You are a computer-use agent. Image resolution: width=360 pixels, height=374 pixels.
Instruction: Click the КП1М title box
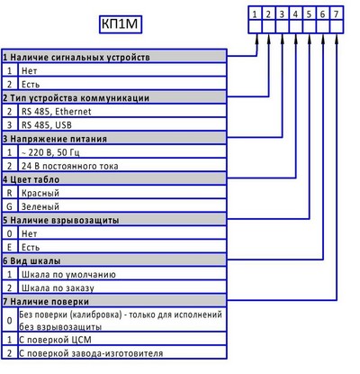121,24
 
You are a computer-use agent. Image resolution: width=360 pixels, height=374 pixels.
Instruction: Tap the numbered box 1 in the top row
255,14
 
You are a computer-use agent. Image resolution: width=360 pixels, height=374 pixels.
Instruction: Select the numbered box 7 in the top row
337,14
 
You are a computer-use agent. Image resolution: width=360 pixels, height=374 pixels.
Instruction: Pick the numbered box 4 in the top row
295,14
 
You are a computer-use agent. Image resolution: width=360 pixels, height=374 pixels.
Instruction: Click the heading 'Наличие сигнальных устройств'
80,57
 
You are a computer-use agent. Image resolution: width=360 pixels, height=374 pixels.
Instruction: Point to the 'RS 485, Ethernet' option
56,112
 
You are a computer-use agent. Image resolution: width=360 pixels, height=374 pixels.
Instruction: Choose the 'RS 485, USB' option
47,125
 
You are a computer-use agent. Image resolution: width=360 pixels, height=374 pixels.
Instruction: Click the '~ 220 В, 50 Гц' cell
50,152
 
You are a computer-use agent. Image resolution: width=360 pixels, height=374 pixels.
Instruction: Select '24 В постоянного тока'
69,166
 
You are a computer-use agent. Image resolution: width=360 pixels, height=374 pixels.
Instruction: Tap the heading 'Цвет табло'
35,179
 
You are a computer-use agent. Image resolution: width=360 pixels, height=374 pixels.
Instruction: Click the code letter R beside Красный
9,193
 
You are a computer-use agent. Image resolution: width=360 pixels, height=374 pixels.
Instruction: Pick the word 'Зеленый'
40,206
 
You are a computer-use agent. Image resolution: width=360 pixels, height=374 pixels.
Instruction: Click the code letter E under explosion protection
9,247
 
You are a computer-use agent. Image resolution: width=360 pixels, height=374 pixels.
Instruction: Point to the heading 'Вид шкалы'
35,260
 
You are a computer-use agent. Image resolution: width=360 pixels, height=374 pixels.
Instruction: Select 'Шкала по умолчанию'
68,274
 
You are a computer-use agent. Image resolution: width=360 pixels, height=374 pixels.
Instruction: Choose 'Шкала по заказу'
58,287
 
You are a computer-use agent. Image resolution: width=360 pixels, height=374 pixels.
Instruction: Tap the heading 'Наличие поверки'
49,301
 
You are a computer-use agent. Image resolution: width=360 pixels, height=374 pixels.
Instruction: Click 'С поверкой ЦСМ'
55,340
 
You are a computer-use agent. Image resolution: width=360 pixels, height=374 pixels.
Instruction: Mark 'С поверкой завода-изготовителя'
91,353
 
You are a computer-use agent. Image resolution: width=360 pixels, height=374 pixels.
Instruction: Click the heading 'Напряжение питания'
58,139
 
